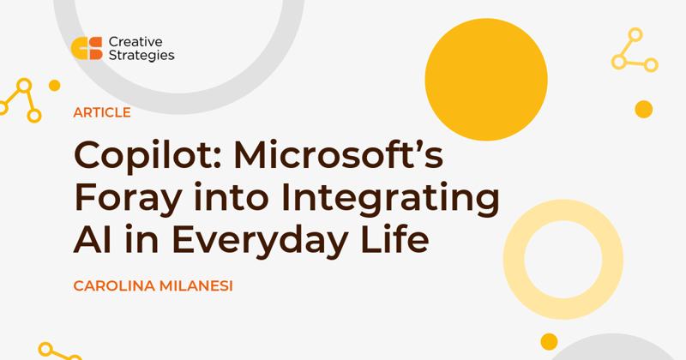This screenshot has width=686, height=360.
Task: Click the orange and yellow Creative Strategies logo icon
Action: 87,48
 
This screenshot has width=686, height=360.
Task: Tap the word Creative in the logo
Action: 135,41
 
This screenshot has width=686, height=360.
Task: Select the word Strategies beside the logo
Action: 141,56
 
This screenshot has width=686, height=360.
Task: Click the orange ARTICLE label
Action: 102,112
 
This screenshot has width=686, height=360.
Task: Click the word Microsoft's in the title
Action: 339,154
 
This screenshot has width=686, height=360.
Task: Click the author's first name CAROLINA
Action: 114,286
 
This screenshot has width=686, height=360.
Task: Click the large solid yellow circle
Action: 486,80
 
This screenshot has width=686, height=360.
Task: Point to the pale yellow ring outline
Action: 514,260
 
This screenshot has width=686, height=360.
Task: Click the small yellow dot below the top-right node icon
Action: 644,110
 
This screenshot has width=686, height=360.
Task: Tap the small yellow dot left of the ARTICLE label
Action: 54,86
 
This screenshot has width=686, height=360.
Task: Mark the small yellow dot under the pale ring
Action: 549,342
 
